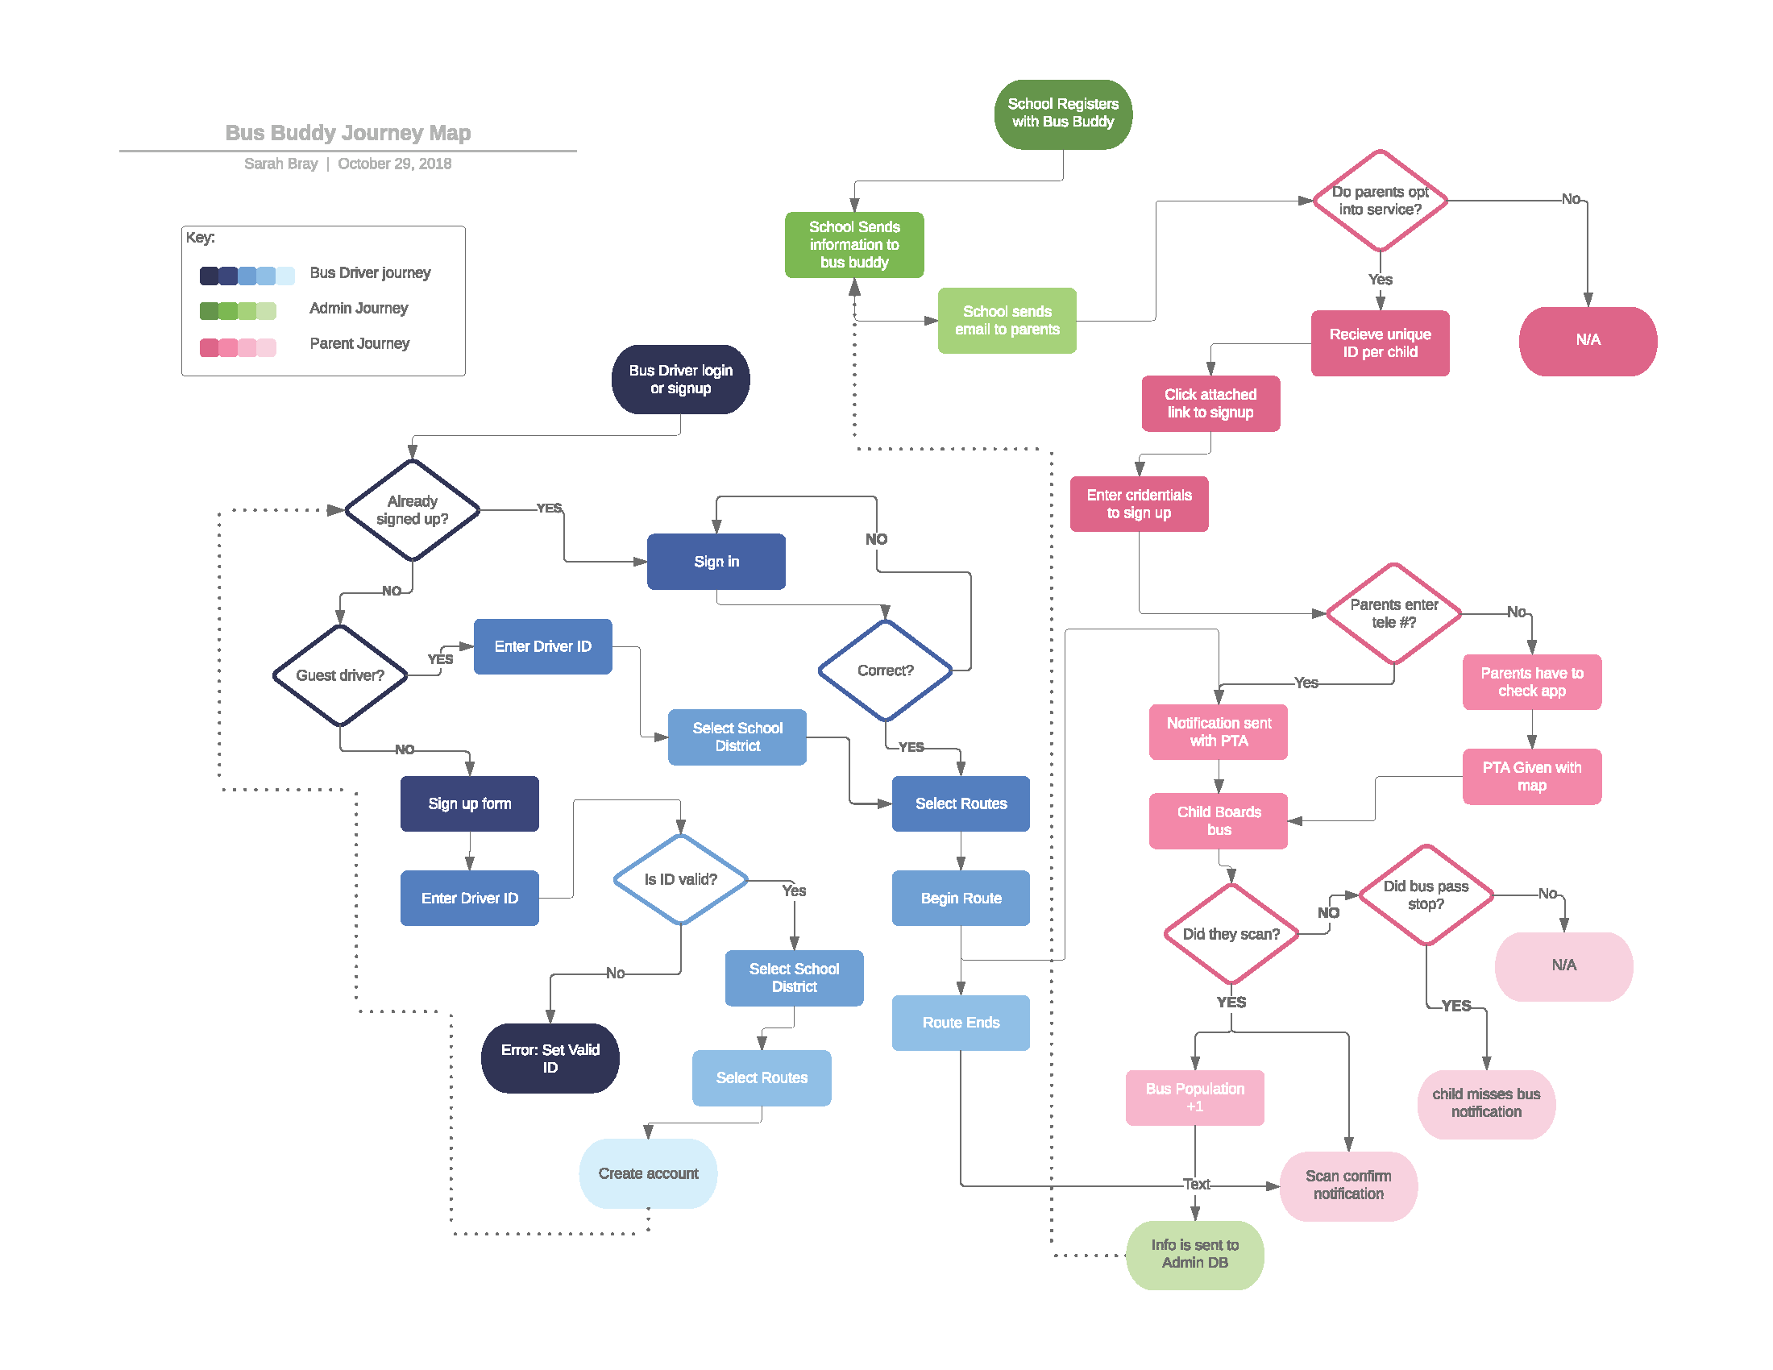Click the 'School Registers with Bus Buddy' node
click(x=1063, y=114)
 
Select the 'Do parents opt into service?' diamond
click(x=1380, y=201)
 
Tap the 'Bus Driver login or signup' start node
click(x=680, y=379)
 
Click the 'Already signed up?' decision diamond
click(x=413, y=509)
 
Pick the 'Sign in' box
click(x=716, y=561)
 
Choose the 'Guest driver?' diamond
click(x=340, y=675)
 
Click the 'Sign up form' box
click(x=469, y=803)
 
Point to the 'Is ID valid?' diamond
click(x=680, y=880)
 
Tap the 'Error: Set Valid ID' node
click(x=550, y=1057)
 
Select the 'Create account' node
click(x=648, y=1173)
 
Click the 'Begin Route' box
click(x=961, y=898)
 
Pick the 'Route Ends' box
click(x=961, y=1023)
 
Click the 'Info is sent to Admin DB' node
click(x=1195, y=1254)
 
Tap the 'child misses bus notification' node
click(x=1486, y=1104)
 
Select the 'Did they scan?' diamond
click(x=1231, y=934)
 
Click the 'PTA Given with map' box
click(x=1532, y=776)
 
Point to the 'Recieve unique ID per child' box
click(x=1380, y=342)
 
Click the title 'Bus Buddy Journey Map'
click(x=347, y=132)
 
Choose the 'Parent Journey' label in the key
click(x=359, y=343)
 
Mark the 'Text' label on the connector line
click(x=1197, y=1184)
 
